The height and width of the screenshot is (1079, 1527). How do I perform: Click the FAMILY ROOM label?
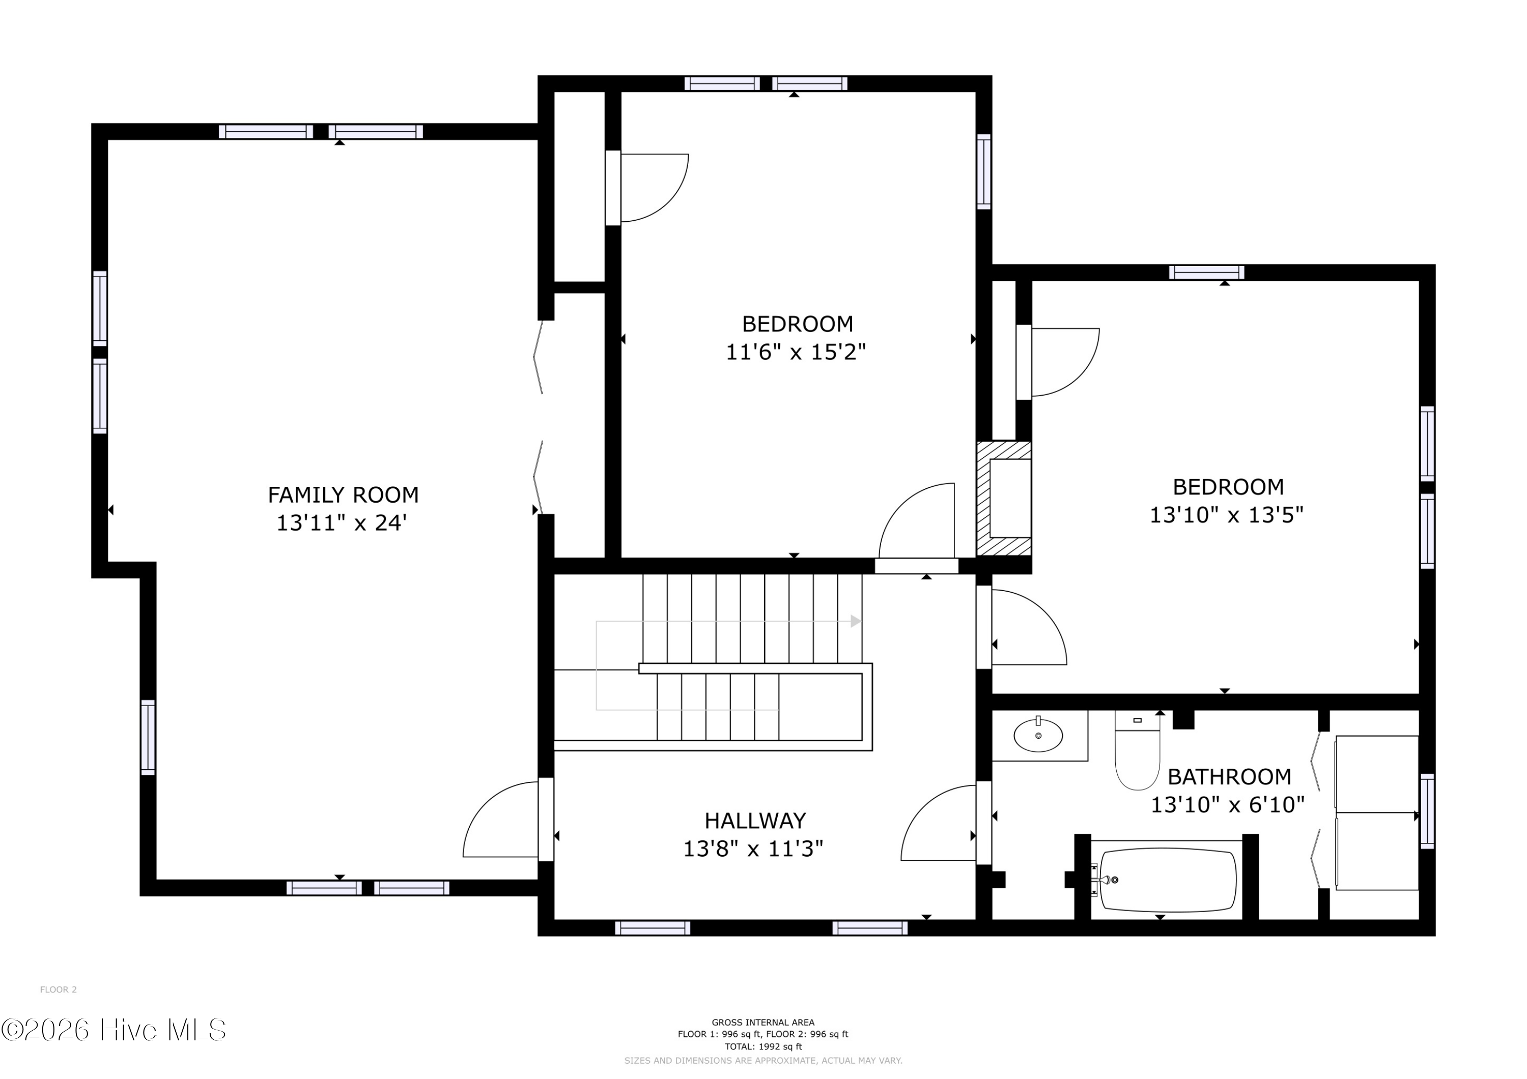click(x=343, y=495)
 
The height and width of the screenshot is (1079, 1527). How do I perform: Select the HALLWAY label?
click(x=755, y=821)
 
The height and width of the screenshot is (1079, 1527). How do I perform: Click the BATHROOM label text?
click(x=1229, y=776)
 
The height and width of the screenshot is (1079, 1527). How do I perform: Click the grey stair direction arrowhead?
click(x=856, y=622)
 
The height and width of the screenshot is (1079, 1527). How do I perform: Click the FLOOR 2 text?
click(x=59, y=990)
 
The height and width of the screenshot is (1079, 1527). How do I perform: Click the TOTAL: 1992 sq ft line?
click(x=763, y=1046)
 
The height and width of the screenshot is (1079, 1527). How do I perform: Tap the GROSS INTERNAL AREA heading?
click(x=763, y=1023)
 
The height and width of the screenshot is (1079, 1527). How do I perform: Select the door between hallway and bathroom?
click(x=940, y=824)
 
